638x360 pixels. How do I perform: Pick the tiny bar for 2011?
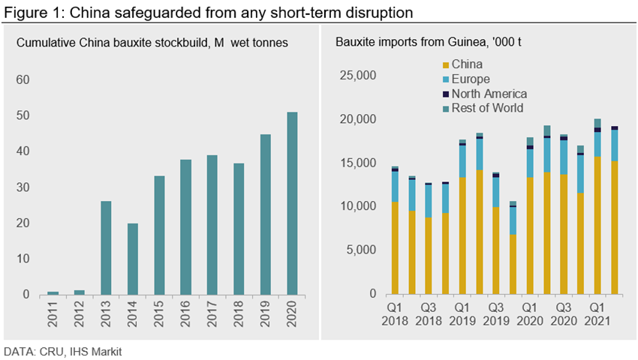53,292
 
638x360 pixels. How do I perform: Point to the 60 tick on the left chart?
23,79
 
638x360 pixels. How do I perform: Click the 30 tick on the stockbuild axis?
23,187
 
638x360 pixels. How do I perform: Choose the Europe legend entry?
470,79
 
